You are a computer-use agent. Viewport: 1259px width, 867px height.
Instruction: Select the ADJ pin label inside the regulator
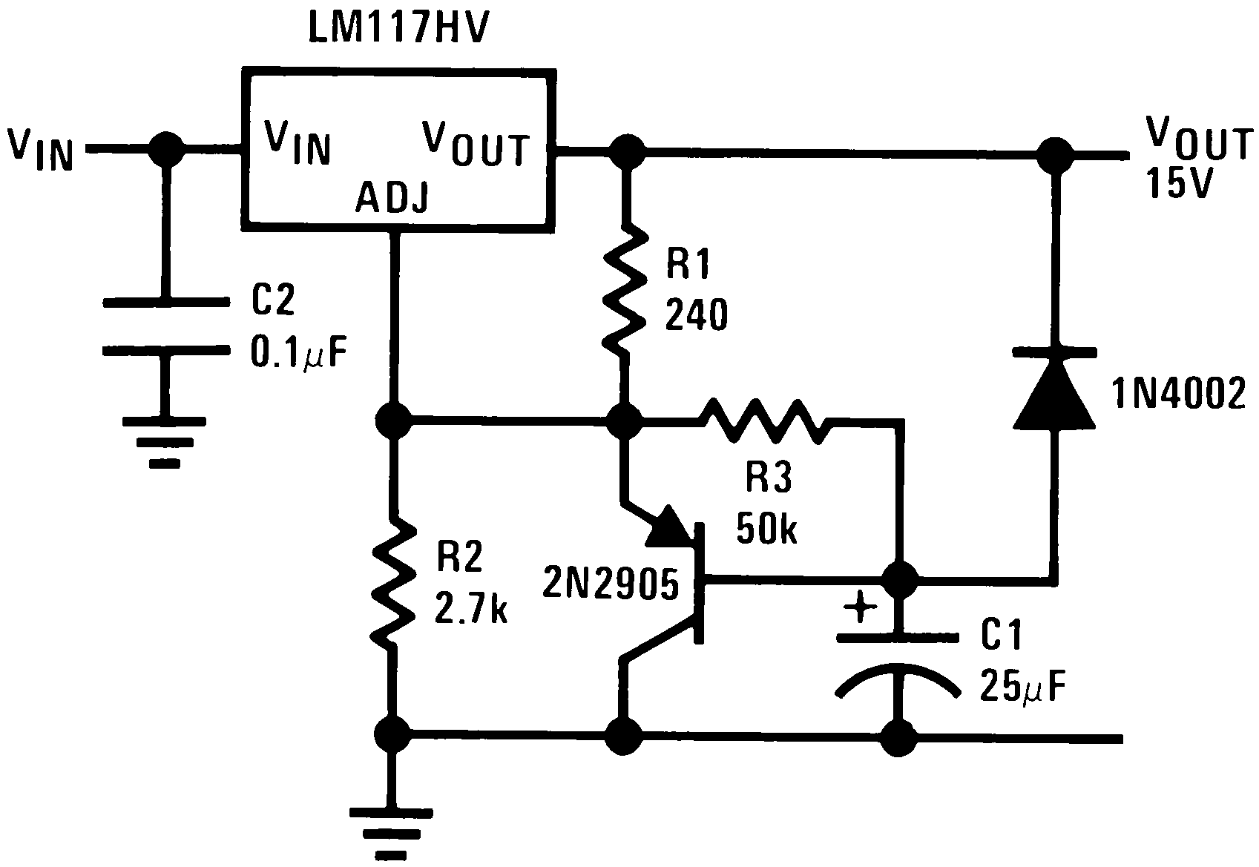coord(391,198)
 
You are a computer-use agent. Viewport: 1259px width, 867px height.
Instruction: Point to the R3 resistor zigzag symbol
coord(764,421)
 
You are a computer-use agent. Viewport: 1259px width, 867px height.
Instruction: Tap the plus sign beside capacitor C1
coord(861,608)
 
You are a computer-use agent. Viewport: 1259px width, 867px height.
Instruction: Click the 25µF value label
coord(1023,687)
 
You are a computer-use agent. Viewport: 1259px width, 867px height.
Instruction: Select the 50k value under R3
coord(766,528)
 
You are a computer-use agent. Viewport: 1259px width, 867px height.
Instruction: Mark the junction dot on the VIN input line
coord(165,150)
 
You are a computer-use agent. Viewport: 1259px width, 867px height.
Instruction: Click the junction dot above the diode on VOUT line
coord(1053,154)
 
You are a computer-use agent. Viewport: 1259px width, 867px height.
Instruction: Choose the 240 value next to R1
coord(696,316)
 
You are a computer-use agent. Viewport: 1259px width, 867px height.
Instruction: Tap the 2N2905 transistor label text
coord(611,584)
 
